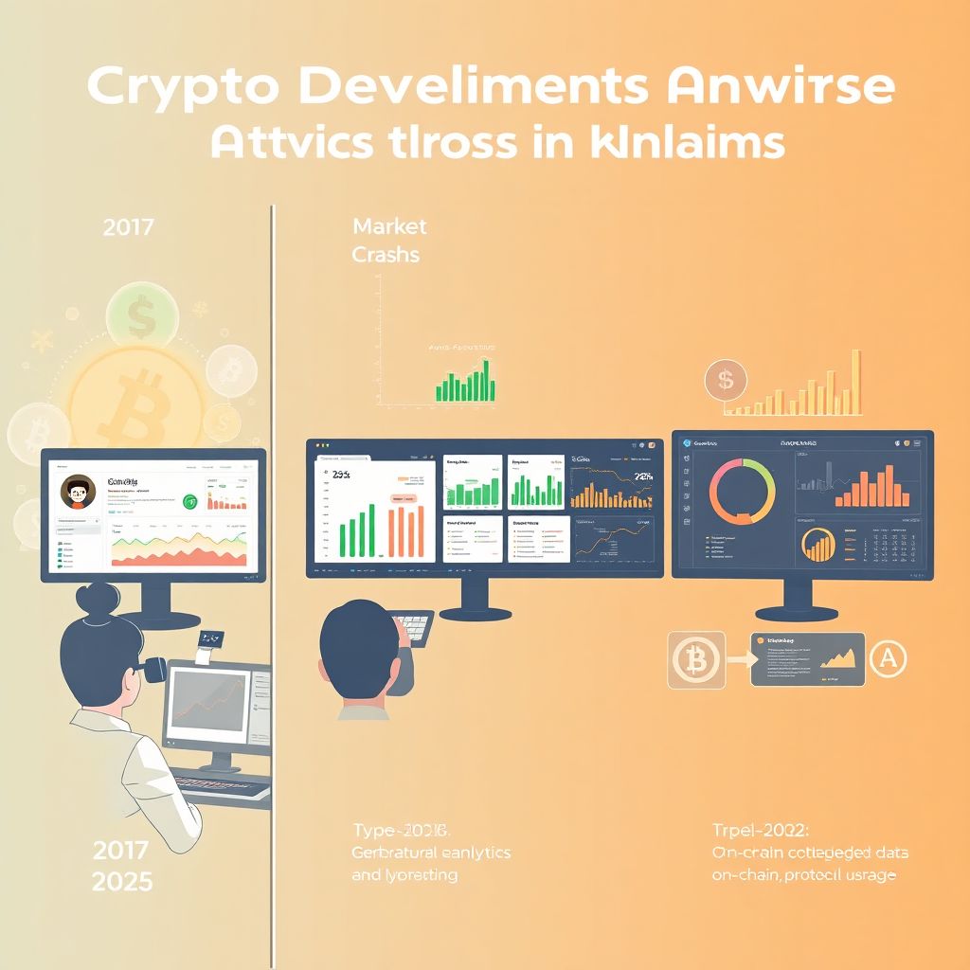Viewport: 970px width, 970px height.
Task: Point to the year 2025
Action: coord(122,882)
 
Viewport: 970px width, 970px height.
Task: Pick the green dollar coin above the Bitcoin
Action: coord(142,317)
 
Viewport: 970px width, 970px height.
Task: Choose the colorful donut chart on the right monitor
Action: coord(744,491)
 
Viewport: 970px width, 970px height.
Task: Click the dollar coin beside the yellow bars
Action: coord(726,381)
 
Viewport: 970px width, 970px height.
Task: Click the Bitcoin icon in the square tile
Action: coord(696,659)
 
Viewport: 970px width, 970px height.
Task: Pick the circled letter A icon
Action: coord(888,658)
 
